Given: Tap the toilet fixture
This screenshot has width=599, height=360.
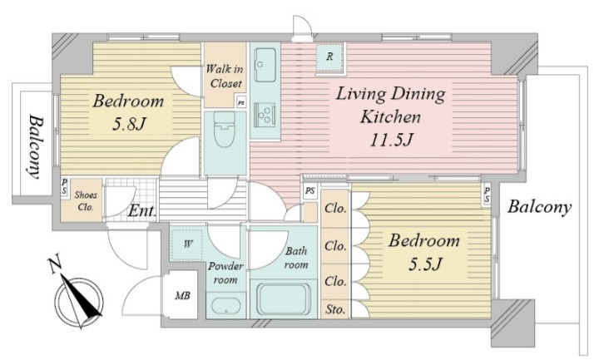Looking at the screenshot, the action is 225,129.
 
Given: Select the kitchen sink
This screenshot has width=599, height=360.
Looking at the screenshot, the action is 265,65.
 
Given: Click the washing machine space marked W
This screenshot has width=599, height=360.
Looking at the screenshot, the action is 186,244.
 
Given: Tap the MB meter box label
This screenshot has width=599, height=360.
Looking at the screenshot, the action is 182,295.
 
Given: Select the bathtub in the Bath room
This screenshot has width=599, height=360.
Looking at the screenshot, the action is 284,299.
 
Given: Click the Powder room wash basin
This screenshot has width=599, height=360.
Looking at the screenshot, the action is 226,306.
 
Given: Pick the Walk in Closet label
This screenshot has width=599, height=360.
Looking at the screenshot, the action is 225,76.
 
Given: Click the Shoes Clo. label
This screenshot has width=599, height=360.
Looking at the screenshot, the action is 85,201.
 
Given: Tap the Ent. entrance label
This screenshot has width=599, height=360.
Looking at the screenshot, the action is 142,210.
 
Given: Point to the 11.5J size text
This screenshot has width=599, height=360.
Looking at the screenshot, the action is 392,141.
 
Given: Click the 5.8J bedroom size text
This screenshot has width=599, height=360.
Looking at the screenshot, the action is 129,123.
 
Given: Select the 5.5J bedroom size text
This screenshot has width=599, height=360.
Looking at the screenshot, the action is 425,264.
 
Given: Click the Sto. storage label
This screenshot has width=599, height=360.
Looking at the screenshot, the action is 335,309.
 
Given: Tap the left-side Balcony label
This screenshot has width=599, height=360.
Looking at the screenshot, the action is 36,147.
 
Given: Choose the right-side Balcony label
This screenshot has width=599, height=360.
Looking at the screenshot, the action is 539,207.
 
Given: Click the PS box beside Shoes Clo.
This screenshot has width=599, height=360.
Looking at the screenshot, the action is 65,187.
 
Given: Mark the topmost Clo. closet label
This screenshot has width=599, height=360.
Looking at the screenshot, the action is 336,209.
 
